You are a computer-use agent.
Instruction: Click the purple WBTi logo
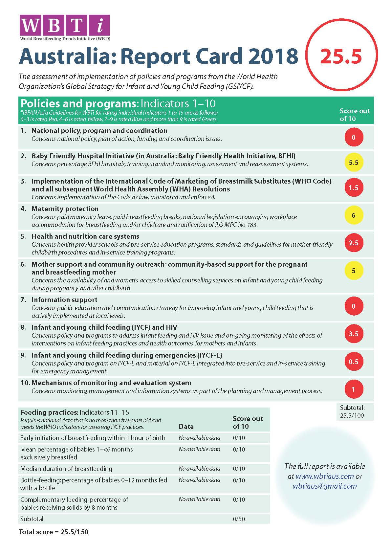tap(65, 26)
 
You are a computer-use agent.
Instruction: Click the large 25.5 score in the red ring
tap(341, 56)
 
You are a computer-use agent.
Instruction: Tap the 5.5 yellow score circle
tap(354, 163)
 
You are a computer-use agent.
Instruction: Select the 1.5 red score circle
tap(354, 188)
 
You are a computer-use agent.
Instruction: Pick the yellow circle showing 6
tap(354, 215)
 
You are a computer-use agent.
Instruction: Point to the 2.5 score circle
tap(354, 243)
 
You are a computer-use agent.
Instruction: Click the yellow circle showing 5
tap(354, 271)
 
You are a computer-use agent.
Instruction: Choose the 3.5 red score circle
tap(354, 334)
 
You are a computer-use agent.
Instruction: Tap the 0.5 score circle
tap(354, 362)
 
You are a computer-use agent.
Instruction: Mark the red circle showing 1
tap(354, 389)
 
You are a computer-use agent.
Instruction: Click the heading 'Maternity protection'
tap(65, 209)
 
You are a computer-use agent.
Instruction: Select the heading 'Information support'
tap(64, 300)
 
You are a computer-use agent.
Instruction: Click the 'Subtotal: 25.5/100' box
tap(352, 411)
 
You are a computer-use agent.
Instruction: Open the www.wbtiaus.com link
tap(324, 476)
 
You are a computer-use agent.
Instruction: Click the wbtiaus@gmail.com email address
tap(325, 486)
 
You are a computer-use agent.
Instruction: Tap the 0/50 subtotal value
tap(239, 519)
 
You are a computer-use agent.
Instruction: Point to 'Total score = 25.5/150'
tap(54, 532)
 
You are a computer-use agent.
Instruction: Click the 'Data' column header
tap(186, 426)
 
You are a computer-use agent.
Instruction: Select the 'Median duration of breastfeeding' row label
tap(66, 469)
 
